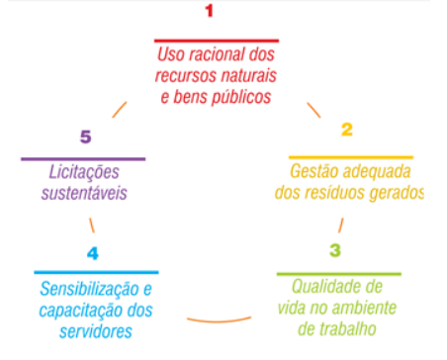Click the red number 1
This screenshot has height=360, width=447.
click(x=209, y=12)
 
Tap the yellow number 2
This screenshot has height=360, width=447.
click(x=347, y=130)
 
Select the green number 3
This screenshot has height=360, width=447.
click(x=335, y=248)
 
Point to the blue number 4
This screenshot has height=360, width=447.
click(x=92, y=252)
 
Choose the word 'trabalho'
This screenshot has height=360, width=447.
click(x=347, y=327)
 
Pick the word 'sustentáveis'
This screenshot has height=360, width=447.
click(x=84, y=194)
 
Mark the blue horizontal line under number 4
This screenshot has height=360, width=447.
click(x=96, y=272)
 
